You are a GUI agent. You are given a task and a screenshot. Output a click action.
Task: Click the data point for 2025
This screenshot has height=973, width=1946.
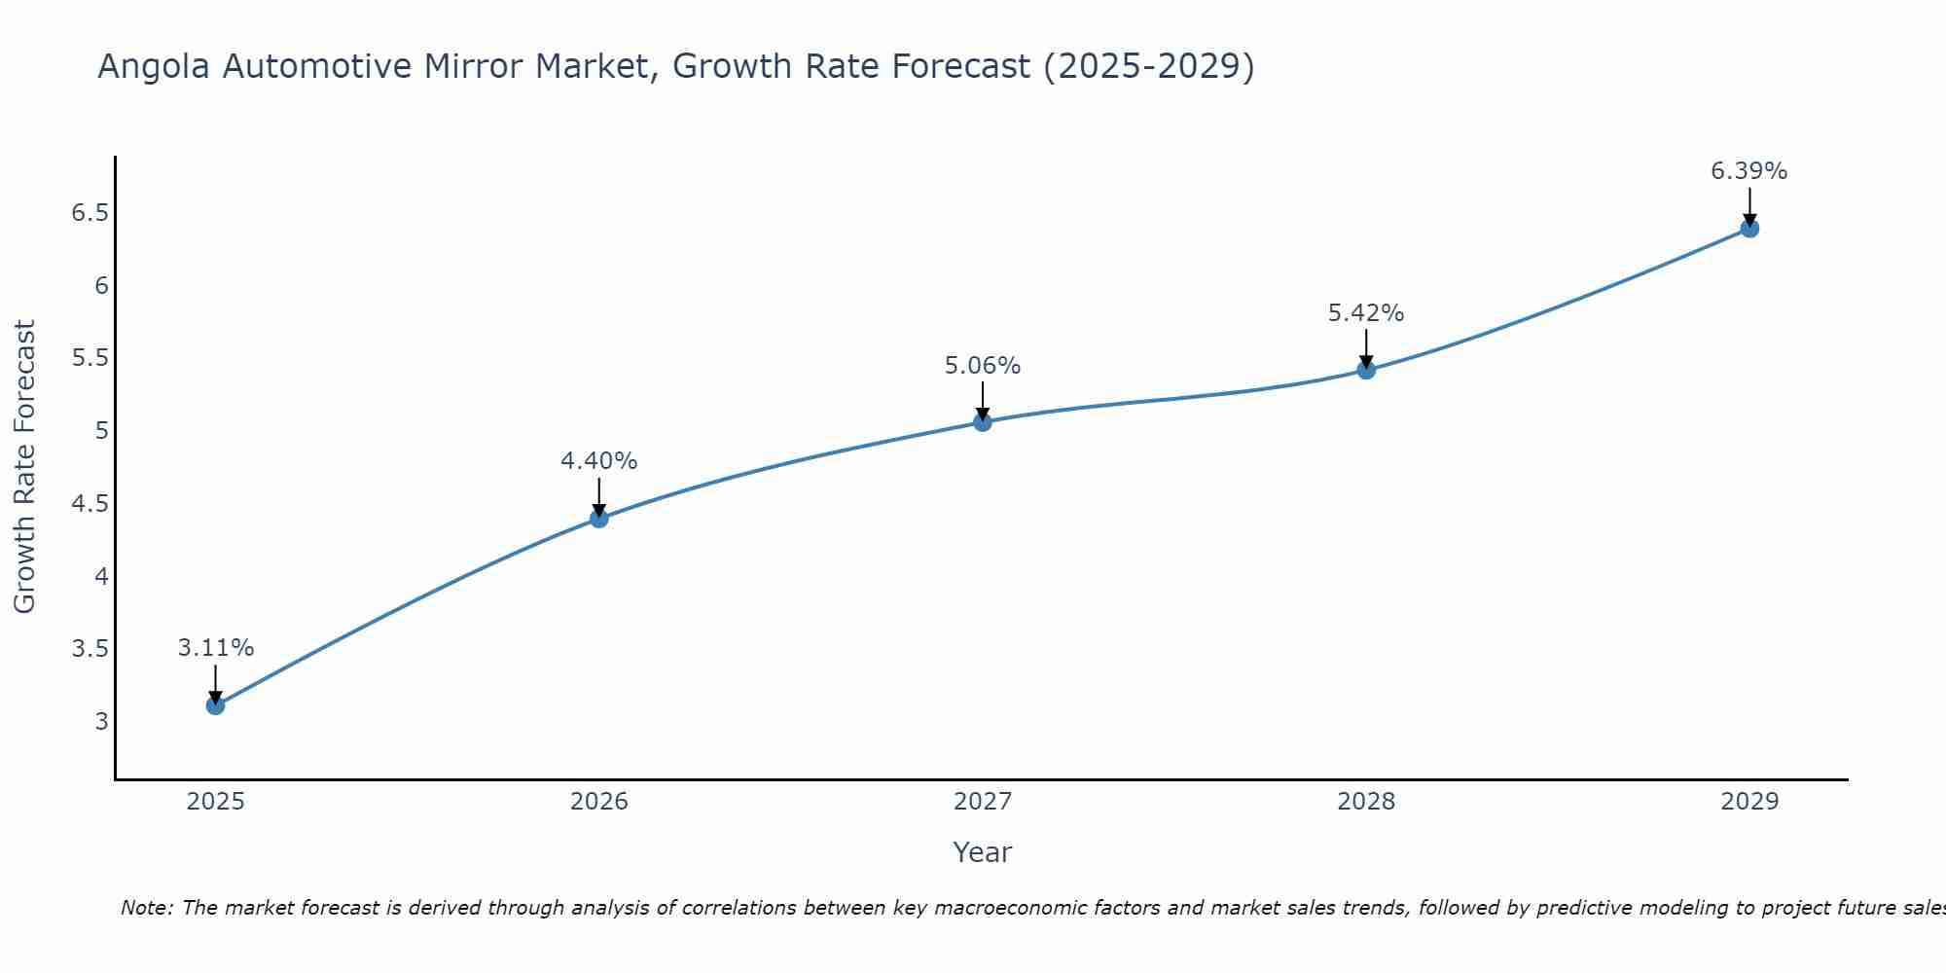click(215, 705)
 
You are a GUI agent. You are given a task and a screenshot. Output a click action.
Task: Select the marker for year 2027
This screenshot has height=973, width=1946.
click(983, 421)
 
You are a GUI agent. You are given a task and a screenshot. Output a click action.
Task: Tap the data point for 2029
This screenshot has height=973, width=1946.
click(1749, 229)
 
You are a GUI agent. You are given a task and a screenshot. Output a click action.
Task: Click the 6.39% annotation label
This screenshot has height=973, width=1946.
click(1748, 171)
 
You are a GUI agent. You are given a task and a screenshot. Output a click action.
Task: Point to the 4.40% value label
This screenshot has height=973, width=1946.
click(598, 461)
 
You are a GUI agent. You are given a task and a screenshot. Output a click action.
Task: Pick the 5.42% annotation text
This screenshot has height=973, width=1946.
click(1366, 313)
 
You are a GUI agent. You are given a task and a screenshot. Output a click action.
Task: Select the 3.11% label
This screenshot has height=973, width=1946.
click(215, 648)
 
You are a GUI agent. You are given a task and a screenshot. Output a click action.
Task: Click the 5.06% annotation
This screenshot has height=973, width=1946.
click(983, 366)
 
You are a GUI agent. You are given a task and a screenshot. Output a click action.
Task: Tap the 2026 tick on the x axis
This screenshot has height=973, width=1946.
click(598, 802)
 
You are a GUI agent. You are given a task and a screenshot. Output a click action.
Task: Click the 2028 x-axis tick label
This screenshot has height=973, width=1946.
click(1366, 802)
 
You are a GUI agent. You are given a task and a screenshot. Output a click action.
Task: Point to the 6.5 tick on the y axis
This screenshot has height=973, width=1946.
click(90, 213)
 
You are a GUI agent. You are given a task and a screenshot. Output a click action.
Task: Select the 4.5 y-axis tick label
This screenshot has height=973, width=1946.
click(90, 503)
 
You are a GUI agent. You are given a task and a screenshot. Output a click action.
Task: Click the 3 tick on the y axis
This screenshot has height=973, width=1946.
click(101, 722)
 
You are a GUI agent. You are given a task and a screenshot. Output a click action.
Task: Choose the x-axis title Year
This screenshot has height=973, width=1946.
click(983, 852)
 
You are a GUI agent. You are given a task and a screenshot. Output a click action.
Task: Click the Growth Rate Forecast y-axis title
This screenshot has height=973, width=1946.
click(24, 467)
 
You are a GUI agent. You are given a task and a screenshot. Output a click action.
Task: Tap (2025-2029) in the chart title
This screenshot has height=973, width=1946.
click(1148, 67)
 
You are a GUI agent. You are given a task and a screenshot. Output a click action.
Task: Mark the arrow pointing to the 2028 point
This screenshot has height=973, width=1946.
click(1366, 348)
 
